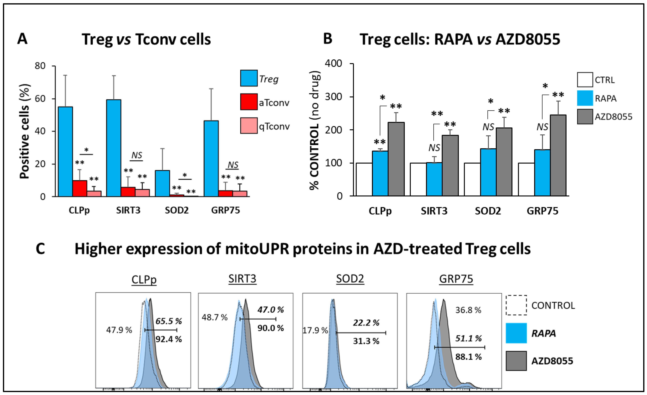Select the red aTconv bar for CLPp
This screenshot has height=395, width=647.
coord(80,188)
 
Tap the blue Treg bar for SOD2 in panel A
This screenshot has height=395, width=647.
coord(162,183)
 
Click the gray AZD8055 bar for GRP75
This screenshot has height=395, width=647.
coord(558,155)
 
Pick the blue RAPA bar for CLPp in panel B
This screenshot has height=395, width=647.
coord(380,173)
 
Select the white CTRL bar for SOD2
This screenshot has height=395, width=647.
coord(472,179)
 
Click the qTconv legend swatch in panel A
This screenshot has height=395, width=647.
coord(249,126)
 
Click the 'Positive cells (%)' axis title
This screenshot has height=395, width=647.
coord(25,132)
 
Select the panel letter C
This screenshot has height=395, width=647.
coord(40,249)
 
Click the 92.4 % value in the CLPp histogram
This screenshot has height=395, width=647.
coord(169,339)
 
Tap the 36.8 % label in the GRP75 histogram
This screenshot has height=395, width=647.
coord(468,310)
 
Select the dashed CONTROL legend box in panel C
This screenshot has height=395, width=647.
coord(516,305)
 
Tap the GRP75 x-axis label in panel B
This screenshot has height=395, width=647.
coord(542,211)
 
